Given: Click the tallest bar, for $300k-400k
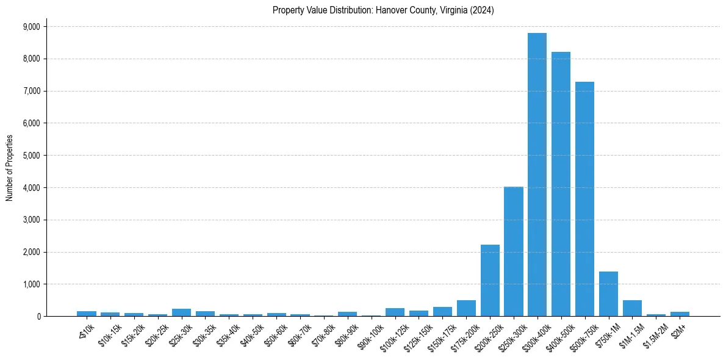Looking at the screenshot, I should tap(537, 175).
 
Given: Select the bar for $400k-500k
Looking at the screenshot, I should tap(561, 184).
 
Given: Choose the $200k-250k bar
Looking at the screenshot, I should tap(490, 281).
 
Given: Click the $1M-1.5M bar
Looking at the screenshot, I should tap(632, 308).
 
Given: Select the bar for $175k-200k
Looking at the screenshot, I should tap(466, 308).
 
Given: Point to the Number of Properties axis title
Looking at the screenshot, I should tap(10, 167).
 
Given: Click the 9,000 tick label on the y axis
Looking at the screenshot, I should tap(31, 27).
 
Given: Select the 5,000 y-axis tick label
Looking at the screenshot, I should tap(31, 156).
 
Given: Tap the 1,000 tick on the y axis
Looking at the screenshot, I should tap(31, 284).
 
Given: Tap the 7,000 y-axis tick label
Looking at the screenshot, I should tap(31, 91).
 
